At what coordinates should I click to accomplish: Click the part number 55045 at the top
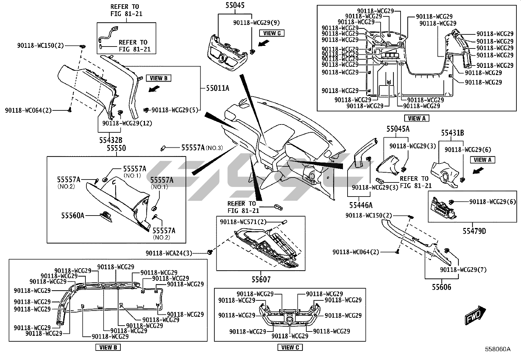coord(235,6)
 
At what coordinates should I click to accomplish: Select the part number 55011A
coord(218,88)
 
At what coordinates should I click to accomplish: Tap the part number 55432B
coord(111,140)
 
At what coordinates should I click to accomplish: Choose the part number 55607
coord(261,279)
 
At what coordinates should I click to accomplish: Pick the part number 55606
coord(441,287)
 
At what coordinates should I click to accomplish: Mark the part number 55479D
coord(474,231)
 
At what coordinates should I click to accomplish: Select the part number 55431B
coord(453,133)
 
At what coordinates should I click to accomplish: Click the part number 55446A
coord(361,205)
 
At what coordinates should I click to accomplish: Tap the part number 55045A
coord(398,129)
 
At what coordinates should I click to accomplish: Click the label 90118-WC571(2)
coord(243,222)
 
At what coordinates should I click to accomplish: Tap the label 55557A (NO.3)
coord(202,148)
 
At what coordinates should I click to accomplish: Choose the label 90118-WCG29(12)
coord(127,123)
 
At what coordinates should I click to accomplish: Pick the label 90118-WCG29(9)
coord(257,22)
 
